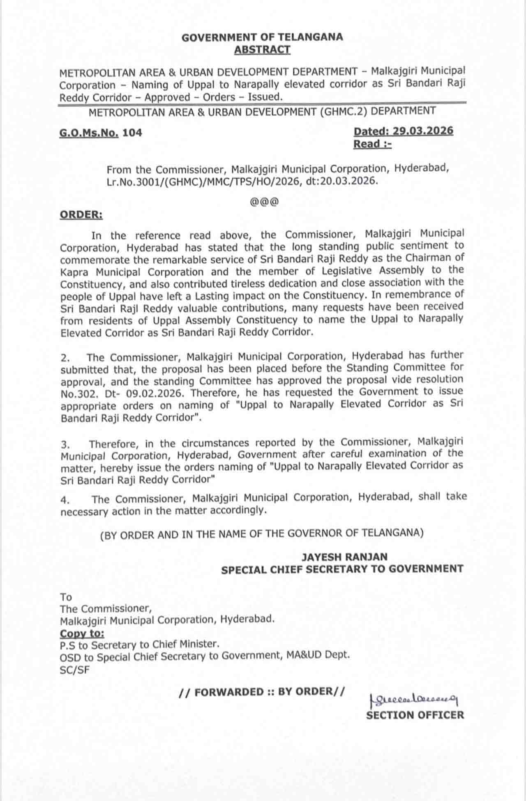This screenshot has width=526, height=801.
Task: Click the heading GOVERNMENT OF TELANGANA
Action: [x=262, y=37]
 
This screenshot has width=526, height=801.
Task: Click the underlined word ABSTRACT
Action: [x=262, y=50]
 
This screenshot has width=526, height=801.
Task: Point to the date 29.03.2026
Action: [x=423, y=131]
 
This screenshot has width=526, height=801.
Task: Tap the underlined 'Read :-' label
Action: [x=372, y=144]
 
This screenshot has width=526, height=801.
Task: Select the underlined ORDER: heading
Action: [x=81, y=215]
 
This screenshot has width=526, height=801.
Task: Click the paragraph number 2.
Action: [x=65, y=359]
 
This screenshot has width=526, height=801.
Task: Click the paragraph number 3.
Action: [x=65, y=444]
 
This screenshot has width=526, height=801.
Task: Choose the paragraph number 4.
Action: [x=65, y=500]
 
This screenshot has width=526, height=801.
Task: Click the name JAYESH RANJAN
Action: [x=344, y=557]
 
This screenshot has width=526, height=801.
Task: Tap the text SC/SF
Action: [x=74, y=670]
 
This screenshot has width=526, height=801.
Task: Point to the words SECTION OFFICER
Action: [x=415, y=715]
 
